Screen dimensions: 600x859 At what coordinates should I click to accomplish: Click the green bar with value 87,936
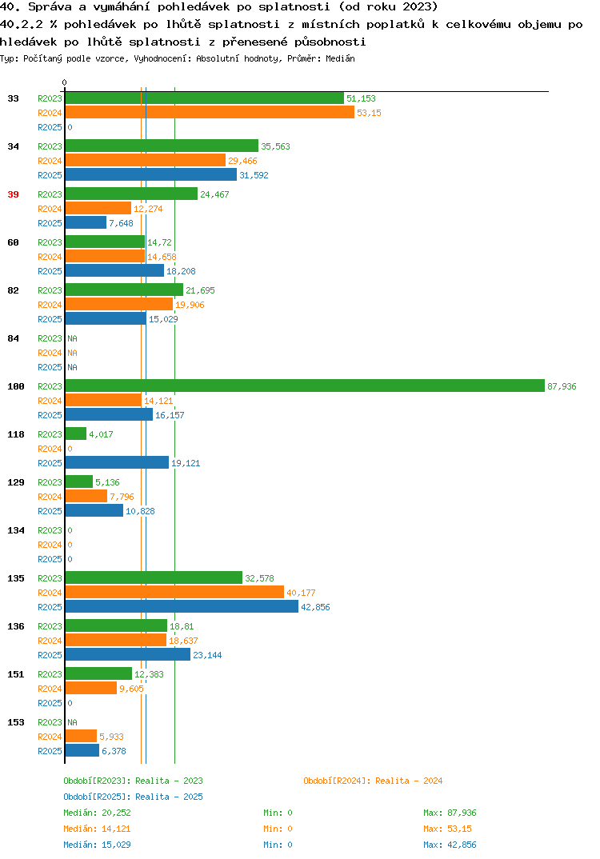pyautogui.click(x=305, y=386)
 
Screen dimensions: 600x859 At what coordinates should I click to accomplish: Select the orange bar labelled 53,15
pyautogui.click(x=210, y=112)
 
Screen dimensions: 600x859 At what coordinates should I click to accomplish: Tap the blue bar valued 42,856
pyautogui.click(x=182, y=606)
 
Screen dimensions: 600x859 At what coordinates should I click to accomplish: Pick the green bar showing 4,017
pyautogui.click(x=76, y=433)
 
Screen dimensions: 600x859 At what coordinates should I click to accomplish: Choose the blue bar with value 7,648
pyautogui.click(x=86, y=222)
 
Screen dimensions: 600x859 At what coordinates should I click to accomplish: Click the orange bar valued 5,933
pyautogui.click(x=81, y=737)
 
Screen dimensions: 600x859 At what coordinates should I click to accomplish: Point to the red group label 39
pyautogui.click(x=13, y=194)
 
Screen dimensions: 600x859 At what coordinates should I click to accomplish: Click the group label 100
pyautogui.click(x=16, y=386)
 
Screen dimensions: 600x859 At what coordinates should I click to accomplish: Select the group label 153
pyautogui.click(x=16, y=722)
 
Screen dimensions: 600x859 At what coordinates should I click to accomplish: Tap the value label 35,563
pyautogui.click(x=276, y=146)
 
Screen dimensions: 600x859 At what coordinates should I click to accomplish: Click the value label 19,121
pyautogui.click(x=186, y=463)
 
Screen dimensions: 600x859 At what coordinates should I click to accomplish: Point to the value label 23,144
pyautogui.click(x=207, y=655)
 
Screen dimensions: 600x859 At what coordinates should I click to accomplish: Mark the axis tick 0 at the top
pyautogui.click(x=64, y=82)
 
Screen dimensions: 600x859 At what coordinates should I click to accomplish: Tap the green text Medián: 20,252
pyautogui.click(x=97, y=813)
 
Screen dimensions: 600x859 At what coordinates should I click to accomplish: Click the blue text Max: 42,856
pyautogui.click(x=450, y=845)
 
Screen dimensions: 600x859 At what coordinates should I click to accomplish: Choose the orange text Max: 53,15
pyautogui.click(x=448, y=829)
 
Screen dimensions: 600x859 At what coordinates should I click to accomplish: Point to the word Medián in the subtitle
pyautogui.click(x=340, y=58)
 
